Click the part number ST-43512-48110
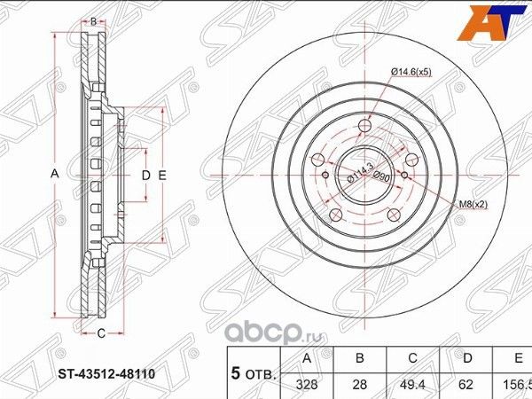[103, 373]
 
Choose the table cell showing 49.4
[411, 386]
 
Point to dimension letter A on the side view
[53, 176]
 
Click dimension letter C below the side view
[101, 332]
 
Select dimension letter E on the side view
[162, 176]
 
